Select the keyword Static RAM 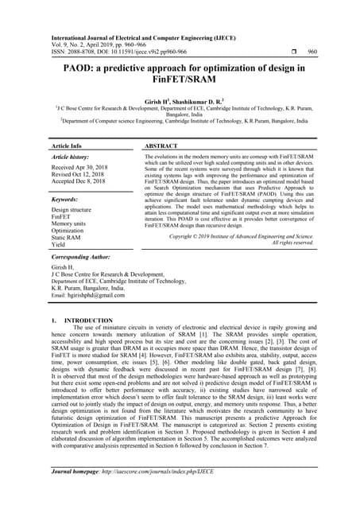(68, 237)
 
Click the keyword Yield (59, 245)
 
